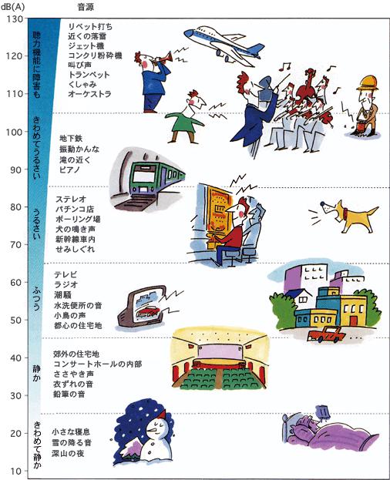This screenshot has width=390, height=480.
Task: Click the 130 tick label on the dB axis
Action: click(15, 19)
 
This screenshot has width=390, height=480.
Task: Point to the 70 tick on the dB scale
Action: click(15, 244)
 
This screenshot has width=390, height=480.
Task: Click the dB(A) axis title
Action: click(13, 6)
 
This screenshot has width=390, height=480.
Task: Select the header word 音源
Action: click(86, 7)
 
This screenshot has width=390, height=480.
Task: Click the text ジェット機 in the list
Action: click(86, 46)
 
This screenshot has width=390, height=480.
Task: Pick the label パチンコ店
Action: click(75, 210)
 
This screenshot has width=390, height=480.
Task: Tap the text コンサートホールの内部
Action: click(98, 364)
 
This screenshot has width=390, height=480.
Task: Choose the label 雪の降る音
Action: click(72, 443)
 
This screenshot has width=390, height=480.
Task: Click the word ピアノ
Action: click(70, 170)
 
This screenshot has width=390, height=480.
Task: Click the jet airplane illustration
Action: click(224, 45)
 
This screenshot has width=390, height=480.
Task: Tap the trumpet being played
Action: click(163, 58)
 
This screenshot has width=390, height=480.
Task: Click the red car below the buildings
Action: click(326, 334)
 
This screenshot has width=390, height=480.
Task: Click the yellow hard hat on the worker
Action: click(368, 83)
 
